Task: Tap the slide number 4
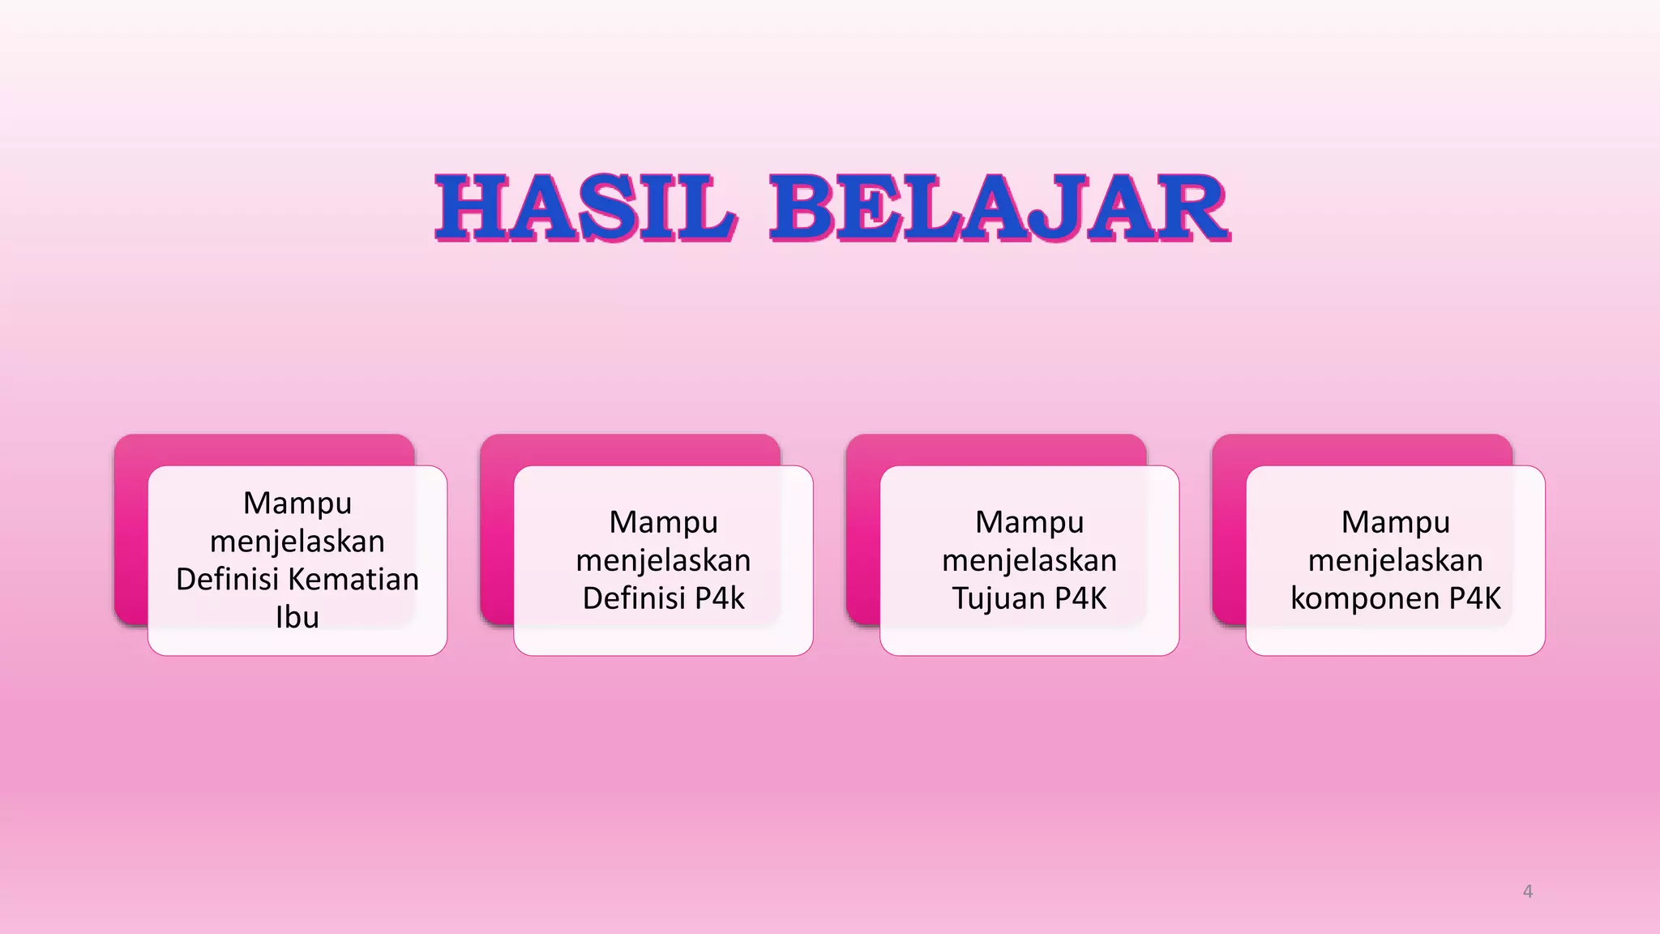[1527, 891]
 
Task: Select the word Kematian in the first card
[353, 579]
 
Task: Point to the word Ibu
[297, 617]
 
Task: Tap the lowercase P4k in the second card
[720, 598]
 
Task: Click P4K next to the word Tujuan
[1081, 598]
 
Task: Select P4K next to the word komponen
[1475, 598]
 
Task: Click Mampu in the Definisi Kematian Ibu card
[297, 503]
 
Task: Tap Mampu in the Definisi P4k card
[663, 522]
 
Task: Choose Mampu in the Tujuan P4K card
[1029, 522]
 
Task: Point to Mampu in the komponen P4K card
[1395, 522]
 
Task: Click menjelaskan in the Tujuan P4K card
[1029, 560]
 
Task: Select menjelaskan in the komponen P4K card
[1395, 560]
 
